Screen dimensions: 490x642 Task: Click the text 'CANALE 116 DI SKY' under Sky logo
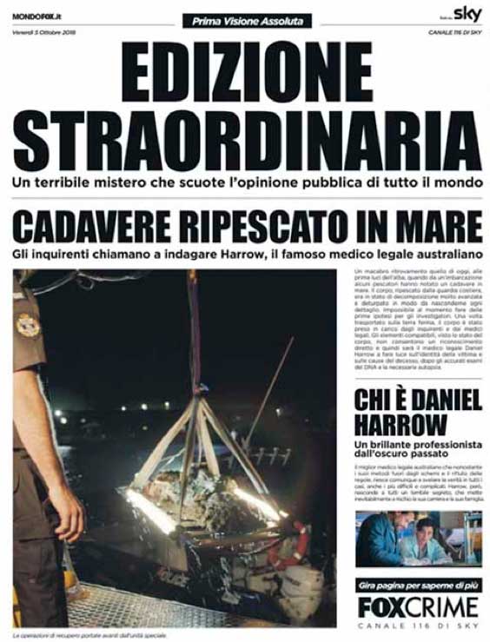(x=454, y=32)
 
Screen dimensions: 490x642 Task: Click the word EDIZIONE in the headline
(x=246, y=70)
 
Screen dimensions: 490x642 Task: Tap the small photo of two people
(x=418, y=539)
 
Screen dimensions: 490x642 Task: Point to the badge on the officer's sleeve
(x=27, y=323)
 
